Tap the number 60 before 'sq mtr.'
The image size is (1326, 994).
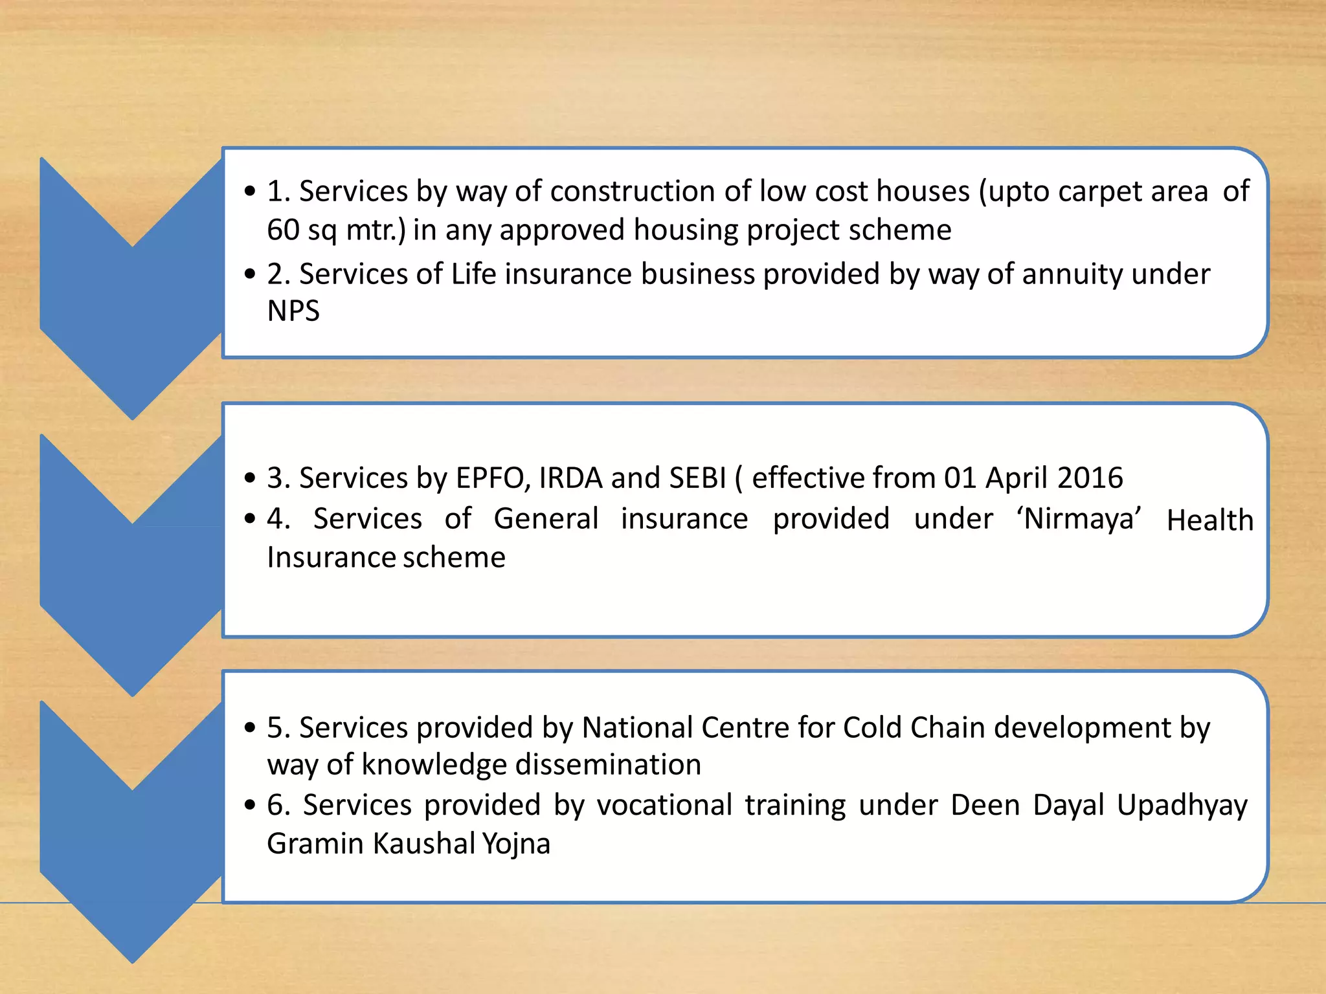coord(283,230)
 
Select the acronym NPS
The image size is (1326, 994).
coord(293,311)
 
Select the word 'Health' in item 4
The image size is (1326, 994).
coord(1209,520)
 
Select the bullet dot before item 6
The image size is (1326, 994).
coord(251,806)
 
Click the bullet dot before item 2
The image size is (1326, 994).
coord(251,274)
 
